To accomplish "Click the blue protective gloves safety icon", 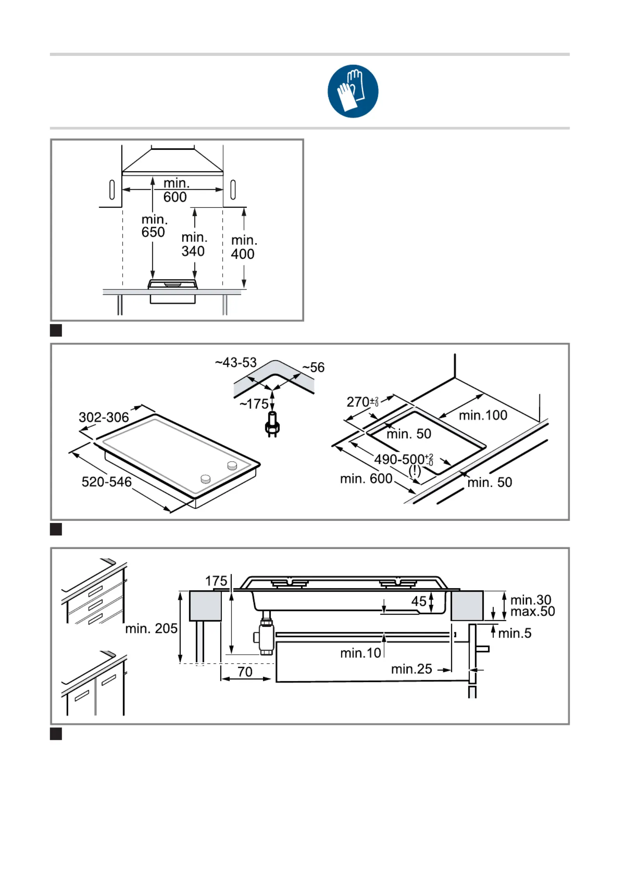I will tap(353, 91).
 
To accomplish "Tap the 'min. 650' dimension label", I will tap(154, 226).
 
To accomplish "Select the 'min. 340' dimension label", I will tap(194, 244).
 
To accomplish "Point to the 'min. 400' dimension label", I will tap(243, 247).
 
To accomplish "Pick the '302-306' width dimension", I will tap(104, 417).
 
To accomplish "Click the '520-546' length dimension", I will tap(106, 481).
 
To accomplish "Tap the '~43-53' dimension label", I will tap(236, 363).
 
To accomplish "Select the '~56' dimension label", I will tap(313, 367).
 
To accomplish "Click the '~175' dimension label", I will tap(254, 404).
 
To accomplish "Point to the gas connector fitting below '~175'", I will tap(272, 425).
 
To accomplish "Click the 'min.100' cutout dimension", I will tap(483, 415).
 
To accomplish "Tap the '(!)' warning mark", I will tap(415, 470).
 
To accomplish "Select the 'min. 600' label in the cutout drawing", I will tap(366, 478).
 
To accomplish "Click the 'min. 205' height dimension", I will tap(151, 628).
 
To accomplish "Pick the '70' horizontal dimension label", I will tap(245, 672).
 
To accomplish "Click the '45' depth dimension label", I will tap(419, 601).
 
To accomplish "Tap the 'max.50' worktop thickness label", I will tap(532, 611).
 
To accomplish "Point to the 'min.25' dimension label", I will tap(411, 669).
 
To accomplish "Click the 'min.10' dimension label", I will tap(360, 653).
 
